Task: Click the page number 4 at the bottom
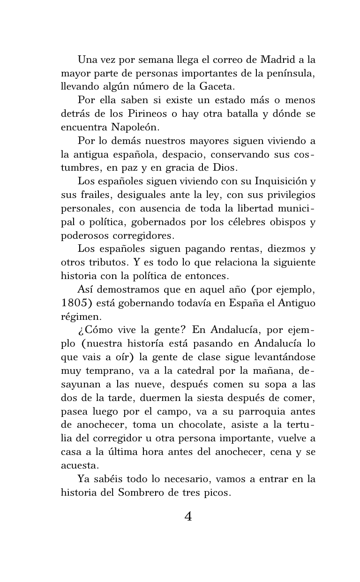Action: coord(188,516)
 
